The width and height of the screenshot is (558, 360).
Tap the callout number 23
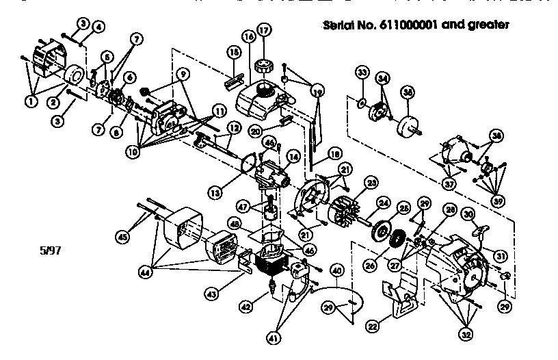click(x=372, y=183)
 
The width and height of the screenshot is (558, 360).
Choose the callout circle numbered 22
click(x=372, y=326)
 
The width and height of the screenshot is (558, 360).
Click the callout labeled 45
click(x=122, y=237)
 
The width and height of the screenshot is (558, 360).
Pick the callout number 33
click(x=362, y=73)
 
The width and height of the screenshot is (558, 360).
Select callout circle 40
click(x=336, y=270)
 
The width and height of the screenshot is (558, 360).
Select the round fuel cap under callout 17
click(x=263, y=67)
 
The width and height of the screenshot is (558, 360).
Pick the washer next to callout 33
click(x=360, y=103)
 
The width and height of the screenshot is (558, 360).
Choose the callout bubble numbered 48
click(x=235, y=223)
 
